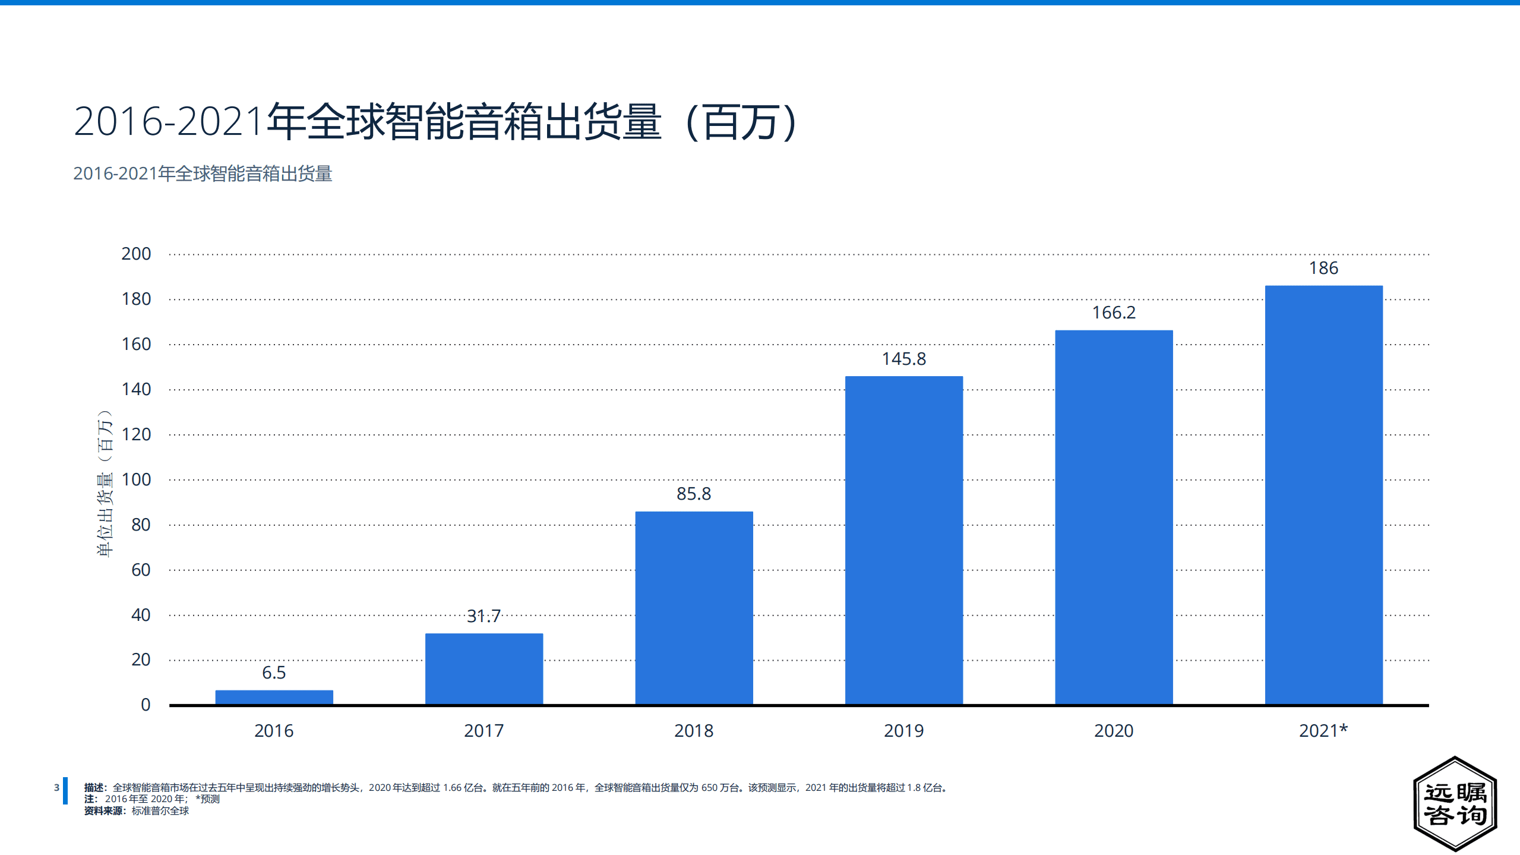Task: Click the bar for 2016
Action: click(274, 697)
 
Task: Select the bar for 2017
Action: click(484, 668)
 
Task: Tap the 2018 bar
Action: click(694, 607)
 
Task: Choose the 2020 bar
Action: click(1114, 517)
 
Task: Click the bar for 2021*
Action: click(1323, 494)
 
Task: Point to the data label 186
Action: click(1323, 268)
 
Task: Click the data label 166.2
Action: click(1114, 313)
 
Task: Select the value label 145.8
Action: click(903, 359)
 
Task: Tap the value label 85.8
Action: click(694, 494)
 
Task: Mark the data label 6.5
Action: click(274, 673)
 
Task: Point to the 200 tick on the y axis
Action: click(136, 254)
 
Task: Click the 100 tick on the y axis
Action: click(136, 479)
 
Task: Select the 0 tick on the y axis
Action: click(146, 705)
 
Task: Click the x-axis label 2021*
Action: click(1323, 730)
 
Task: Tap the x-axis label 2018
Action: click(694, 730)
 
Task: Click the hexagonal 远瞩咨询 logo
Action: click(1455, 803)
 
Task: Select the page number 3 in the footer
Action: click(56, 787)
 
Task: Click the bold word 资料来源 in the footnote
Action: click(103, 811)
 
